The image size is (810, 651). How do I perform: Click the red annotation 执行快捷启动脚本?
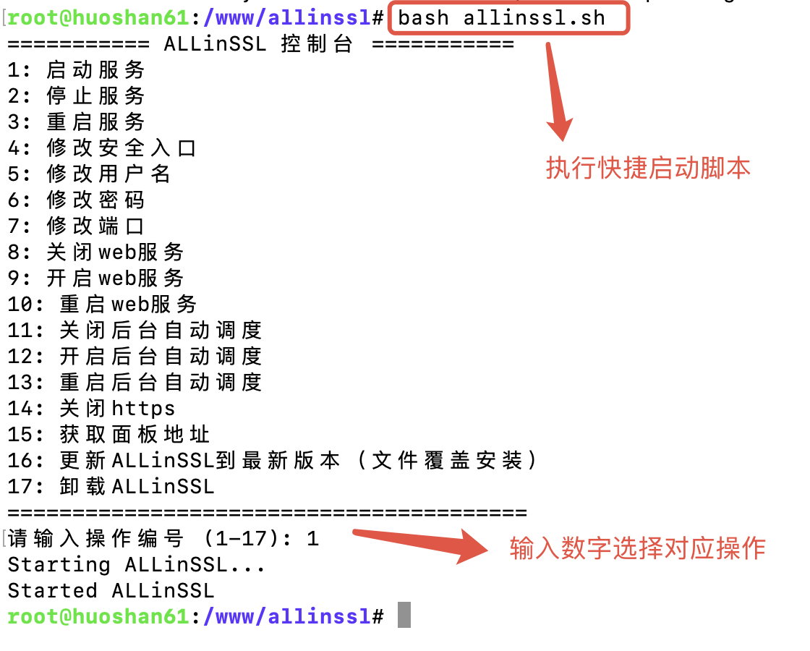click(648, 168)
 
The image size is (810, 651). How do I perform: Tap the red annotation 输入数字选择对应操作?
click(637, 548)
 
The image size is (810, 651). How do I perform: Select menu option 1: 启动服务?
click(77, 70)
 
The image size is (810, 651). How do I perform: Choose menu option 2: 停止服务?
click(77, 96)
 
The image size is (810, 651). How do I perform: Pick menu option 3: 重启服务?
click(77, 122)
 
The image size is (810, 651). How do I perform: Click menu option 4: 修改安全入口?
click(102, 148)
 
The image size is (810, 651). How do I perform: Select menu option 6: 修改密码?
click(77, 200)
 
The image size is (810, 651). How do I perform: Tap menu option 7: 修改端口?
click(77, 226)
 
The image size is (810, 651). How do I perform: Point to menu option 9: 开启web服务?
click(96, 278)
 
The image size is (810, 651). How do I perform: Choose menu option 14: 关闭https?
click(91, 409)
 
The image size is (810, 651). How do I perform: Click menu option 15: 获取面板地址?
click(109, 435)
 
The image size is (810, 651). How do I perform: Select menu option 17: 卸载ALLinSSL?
click(111, 487)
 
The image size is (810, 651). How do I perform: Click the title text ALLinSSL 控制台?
click(258, 44)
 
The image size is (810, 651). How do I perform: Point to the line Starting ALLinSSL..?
click(137, 565)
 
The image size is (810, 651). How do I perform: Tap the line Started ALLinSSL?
click(111, 591)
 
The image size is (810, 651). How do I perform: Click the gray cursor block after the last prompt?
click(404, 616)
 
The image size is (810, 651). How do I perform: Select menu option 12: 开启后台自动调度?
click(135, 357)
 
